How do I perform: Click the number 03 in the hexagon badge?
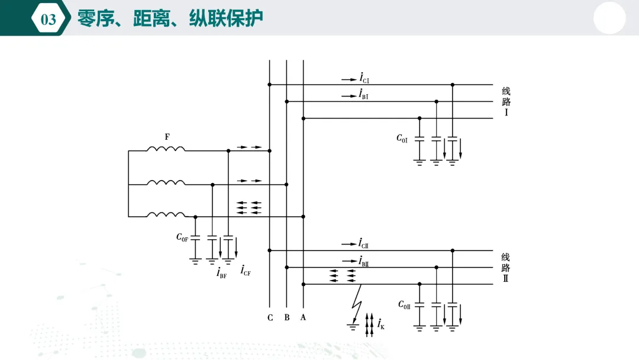pyautogui.click(x=48, y=19)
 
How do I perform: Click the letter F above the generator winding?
pyautogui.click(x=167, y=137)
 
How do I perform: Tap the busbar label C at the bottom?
pyautogui.click(x=270, y=317)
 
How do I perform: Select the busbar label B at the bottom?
pyautogui.click(x=287, y=317)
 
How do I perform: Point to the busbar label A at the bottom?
pyautogui.click(x=303, y=317)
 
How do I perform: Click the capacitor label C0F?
pyautogui.click(x=182, y=237)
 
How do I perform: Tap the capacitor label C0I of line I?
pyautogui.click(x=402, y=139)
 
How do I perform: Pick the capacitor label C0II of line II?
pyautogui.click(x=404, y=304)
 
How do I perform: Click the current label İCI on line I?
pyautogui.click(x=364, y=78)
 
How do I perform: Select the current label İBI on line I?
pyautogui.click(x=363, y=94)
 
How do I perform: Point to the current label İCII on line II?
pyautogui.click(x=363, y=243)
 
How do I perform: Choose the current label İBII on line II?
pyautogui.click(x=363, y=261)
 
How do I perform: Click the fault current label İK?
pyautogui.click(x=380, y=324)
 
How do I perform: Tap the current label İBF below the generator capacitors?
pyautogui.click(x=221, y=272)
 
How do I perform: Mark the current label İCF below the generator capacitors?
pyautogui.click(x=246, y=270)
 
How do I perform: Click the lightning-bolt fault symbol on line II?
pyautogui.click(x=357, y=304)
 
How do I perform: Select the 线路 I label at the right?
pyautogui.click(x=506, y=101)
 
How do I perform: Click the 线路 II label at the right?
pyautogui.click(x=505, y=268)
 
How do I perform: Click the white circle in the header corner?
pyautogui.click(x=609, y=18)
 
